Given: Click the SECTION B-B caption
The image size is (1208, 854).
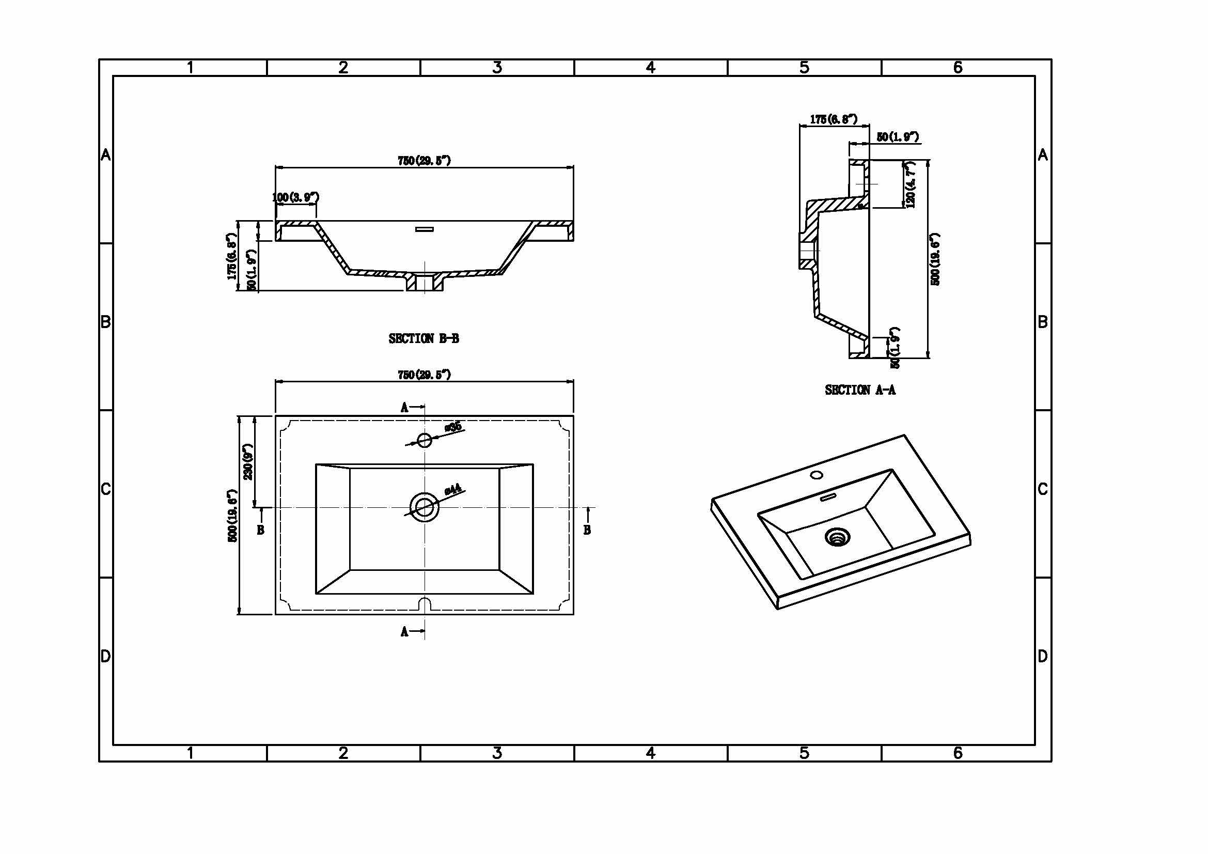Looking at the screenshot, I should [x=423, y=338].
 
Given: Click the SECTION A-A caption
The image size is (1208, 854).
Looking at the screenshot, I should [x=860, y=390].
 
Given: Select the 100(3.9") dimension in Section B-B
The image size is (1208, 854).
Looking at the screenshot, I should [x=295, y=197].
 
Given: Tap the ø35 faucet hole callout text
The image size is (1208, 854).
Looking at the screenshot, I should [x=453, y=426].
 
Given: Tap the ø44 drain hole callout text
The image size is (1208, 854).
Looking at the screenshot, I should [x=453, y=489].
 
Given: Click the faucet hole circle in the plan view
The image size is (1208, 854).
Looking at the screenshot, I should [x=425, y=440].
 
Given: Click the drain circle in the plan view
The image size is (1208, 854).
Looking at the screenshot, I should [x=424, y=507].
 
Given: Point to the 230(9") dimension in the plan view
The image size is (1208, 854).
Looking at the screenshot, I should [x=248, y=462].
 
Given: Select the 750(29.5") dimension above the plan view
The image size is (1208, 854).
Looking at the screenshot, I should [x=424, y=375].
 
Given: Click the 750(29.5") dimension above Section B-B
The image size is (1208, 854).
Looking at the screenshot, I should [x=424, y=161].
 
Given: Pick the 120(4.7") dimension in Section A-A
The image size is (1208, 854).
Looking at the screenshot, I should [x=911, y=184].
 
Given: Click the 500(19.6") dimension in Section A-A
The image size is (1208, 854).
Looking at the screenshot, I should [x=935, y=259].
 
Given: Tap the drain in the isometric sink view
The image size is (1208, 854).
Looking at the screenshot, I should [x=837, y=538].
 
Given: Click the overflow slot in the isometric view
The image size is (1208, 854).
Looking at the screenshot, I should [x=828, y=496].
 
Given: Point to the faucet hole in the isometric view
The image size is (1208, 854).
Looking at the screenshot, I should [x=817, y=475].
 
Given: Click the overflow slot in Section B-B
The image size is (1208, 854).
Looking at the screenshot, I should [x=424, y=229].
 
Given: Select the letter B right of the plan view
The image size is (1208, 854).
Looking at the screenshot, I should [x=587, y=530].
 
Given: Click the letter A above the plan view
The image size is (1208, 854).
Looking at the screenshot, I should [x=404, y=407].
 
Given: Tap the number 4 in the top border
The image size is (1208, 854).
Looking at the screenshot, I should [x=651, y=67].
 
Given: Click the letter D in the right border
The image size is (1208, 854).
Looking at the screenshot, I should [x=1043, y=656].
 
